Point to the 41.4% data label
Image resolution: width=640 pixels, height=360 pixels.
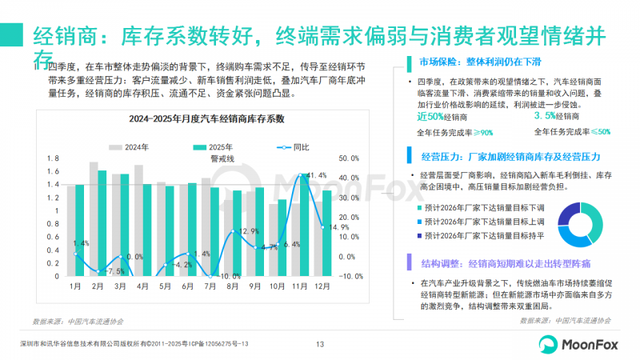[x=315, y=175]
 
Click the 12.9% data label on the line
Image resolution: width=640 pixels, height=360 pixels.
[x=250, y=232]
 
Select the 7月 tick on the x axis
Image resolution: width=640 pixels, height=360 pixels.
[x=210, y=286]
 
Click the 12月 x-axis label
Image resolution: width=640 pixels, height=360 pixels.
[x=322, y=286]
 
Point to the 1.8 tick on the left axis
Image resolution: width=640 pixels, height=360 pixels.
[x=53, y=158]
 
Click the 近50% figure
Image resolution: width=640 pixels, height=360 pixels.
[x=433, y=117]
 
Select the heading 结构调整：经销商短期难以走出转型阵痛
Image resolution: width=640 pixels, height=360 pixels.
[x=507, y=262]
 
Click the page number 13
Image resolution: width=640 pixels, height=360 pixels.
[x=319, y=344]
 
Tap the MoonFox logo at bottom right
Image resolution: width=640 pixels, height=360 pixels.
[x=578, y=343]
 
